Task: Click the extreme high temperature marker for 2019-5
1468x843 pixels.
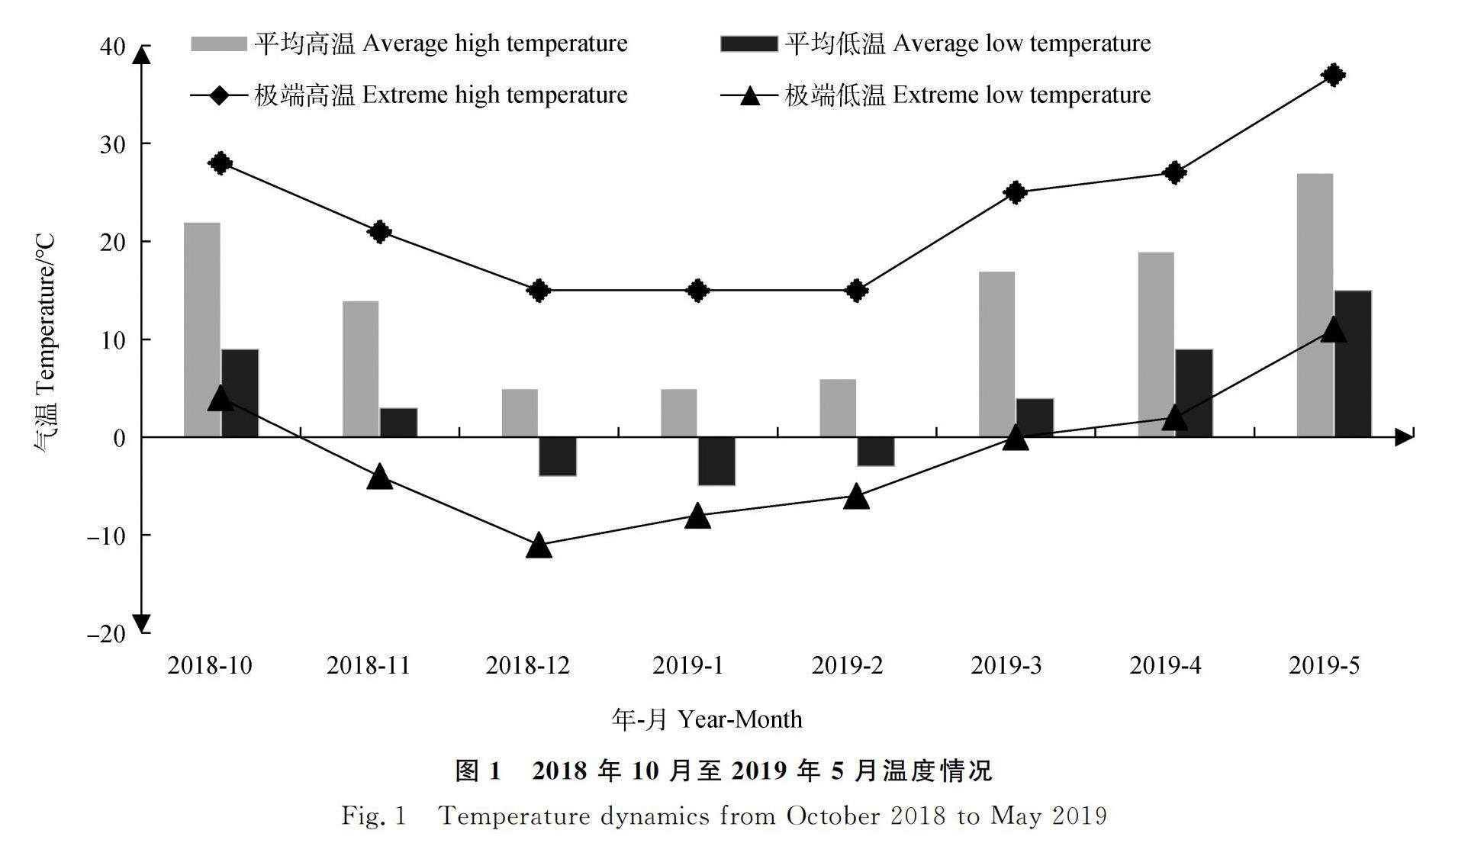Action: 1333,75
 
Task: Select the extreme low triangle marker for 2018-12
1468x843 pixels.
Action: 539,545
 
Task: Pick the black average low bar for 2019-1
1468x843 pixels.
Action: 716,461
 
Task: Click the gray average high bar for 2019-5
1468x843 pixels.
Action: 1315,305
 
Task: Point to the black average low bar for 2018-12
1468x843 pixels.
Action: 558,456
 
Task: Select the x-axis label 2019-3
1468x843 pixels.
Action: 1006,666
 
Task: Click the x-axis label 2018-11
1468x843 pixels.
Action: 369,666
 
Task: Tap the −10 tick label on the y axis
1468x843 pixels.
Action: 106,536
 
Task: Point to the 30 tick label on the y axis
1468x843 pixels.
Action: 112,144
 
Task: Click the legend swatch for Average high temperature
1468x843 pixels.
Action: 218,43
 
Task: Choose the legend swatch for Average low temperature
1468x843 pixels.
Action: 748,43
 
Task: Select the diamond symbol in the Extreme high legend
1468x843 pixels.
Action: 219,95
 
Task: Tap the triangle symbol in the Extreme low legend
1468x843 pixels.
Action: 750,95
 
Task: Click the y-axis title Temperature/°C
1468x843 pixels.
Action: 44,343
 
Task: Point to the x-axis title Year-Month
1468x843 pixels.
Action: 707,719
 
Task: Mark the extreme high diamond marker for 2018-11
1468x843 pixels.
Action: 379,231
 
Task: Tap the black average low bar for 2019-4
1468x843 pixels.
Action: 1193,393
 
